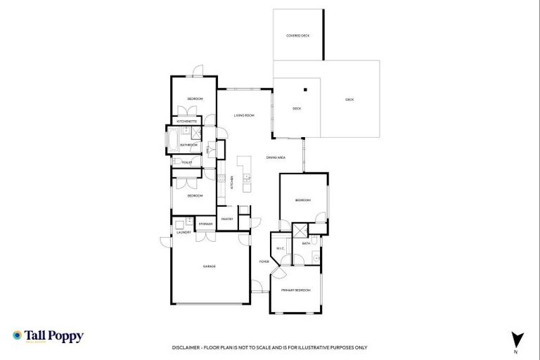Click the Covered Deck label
point(297,35)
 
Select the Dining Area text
point(276,157)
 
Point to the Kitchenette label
point(187,122)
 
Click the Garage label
point(209,266)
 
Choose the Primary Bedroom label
point(296,290)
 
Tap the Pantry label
point(227,219)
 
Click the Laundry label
point(184,233)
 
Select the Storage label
point(205,224)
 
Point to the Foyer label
point(264,262)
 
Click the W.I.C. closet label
point(280,249)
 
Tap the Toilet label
point(186,162)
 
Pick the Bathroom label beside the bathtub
point(188,145)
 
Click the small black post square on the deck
point(306,89)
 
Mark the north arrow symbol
point(517,338)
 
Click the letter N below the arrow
point(517,351)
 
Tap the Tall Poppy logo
point(48,336)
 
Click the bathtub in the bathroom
point(172,140)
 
